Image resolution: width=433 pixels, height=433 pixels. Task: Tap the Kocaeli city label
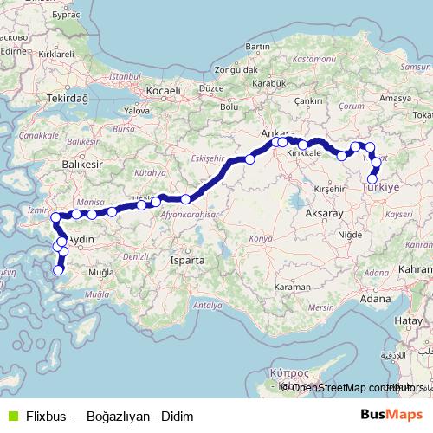pos(162,90)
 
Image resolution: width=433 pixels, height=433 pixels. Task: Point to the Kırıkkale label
pos(304,152)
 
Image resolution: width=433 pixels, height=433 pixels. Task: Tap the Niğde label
pos(349,234)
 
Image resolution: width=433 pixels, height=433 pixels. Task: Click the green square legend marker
pos(10,416)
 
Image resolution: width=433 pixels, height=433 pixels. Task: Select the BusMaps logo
pos(392,415)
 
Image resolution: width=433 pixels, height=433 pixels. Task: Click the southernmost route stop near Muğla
pos(59,270)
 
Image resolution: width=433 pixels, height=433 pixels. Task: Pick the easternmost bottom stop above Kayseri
pos(372,179)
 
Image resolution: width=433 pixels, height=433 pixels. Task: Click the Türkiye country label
pos(381,188)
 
